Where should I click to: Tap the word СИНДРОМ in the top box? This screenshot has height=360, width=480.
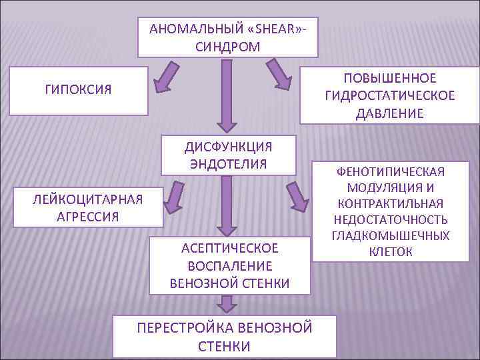[x=228, y=47]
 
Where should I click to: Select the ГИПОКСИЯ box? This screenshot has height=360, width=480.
[x=78, y=89]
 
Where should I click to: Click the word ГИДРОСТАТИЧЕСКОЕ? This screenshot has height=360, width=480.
[x=390, y=96]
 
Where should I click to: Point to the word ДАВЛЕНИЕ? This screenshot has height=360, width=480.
[x=390, y=113]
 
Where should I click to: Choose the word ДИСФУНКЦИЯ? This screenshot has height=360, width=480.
[x=228, y=147]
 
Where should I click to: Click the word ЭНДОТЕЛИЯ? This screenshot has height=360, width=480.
[x=228, y=164]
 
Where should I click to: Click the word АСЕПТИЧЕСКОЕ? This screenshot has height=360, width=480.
[x=229, y=249]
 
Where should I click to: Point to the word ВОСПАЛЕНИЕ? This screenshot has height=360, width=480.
[x=229, y=266]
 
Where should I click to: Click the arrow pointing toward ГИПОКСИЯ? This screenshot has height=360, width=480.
[x=166, y=75]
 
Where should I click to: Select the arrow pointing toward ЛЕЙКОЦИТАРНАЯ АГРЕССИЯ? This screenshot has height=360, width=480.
[x=175, y=197]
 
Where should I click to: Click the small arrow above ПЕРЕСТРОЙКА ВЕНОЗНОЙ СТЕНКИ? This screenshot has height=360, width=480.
[x=228, y=304]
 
